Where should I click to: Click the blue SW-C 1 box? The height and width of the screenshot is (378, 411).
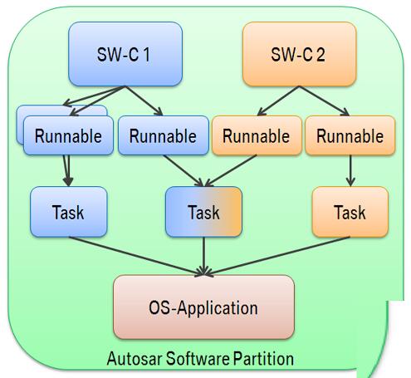coord(125,54)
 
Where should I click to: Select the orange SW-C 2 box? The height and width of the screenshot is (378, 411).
coord(299,54)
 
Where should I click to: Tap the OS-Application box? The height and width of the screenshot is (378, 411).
coord(203,307)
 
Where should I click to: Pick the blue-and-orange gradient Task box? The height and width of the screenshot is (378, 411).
coord(203,212)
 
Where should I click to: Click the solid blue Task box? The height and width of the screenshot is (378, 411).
coord(69,212)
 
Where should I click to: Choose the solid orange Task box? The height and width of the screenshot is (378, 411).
coord(350,212)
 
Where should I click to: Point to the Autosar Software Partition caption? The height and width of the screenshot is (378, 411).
coord(200,359)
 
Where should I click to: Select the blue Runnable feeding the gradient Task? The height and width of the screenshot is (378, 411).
coord(164,135)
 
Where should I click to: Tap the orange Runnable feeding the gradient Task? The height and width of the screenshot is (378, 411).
coord(257,135)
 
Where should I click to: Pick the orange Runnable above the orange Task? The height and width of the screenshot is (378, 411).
coord(350,135)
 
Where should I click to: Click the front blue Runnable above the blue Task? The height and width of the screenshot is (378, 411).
coord(68,135)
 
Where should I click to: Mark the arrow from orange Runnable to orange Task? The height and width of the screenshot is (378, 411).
coord(350,170)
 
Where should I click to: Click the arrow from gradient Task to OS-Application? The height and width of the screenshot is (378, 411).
coord(203,256)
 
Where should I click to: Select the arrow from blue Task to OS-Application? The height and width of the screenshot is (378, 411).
coord(136,256)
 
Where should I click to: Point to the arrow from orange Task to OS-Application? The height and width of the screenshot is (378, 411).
coord(276,256)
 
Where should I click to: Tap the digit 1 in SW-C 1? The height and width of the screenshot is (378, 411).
coord(147,54)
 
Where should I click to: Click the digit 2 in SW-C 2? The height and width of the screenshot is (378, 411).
coord(320,54)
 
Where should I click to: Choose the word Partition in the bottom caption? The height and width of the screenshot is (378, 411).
coord(263,359)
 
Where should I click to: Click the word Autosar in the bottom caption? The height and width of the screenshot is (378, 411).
coord(135,359)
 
